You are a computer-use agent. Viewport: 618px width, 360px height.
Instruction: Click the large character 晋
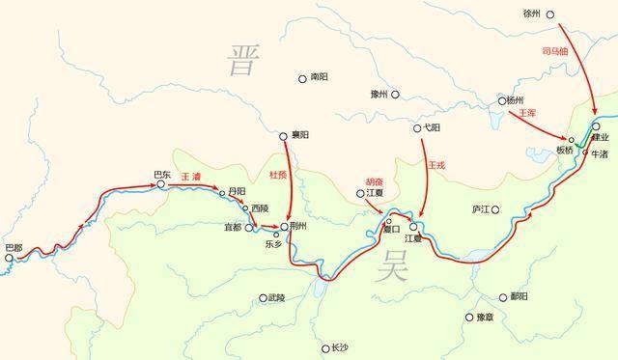(242, 59)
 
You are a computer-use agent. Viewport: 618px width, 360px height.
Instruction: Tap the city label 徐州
(532, 14)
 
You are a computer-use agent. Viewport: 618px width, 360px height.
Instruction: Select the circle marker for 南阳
(302, 76)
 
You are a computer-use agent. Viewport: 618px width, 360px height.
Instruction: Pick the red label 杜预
(279, 174)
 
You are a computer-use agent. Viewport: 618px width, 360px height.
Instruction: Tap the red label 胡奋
(374, 180)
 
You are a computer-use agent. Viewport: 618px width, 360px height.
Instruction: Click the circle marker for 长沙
(325, 348)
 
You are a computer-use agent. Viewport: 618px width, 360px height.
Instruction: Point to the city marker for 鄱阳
(502, 297)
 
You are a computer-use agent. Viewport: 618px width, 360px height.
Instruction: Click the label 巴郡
(14, 248)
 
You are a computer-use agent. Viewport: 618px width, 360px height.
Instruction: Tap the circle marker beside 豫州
(395, 95)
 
